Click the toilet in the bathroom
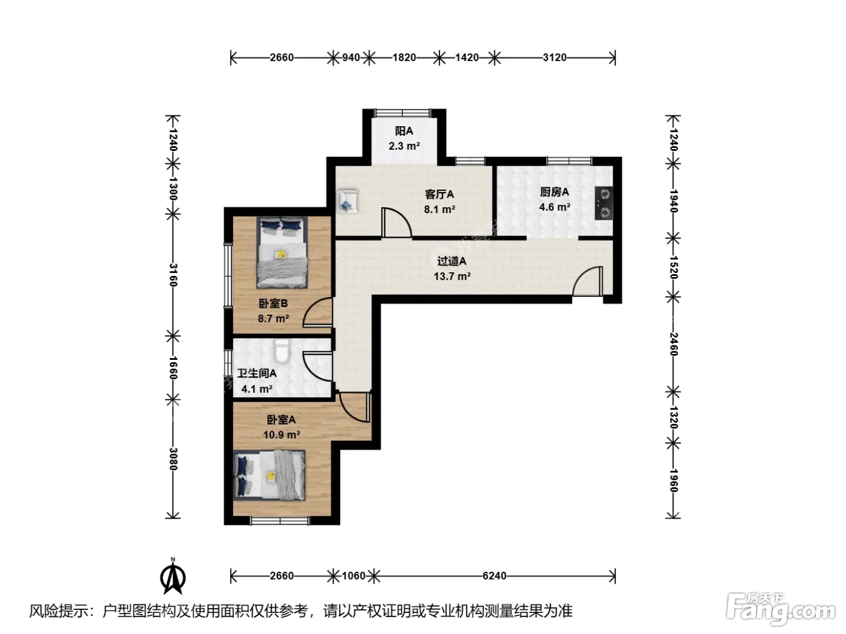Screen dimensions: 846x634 pos(282,351)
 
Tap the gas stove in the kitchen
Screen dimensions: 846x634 pos(604,203)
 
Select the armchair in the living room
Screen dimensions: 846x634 pos(347,201)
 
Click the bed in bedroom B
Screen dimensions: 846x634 pos(282,252)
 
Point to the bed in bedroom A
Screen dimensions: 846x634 pos(270,475)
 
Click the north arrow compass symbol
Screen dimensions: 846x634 pos(173,576)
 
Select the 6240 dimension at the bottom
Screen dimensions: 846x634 pos(494,576)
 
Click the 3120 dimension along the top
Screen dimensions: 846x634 pos(555,58)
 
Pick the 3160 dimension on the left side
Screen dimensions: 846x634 pos(173,275)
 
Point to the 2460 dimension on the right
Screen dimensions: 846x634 pos(673,344)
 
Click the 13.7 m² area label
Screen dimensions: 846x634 pos(452,277)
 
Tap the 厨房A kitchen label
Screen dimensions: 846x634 pos(554,191)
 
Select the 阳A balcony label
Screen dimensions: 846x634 pos(404,131)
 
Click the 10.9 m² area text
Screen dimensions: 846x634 pos(282,435)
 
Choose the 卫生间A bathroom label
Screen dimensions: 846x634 pos(257,373)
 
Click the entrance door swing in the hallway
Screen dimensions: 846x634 pos(587,281)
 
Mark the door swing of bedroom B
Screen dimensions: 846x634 pos(318,312)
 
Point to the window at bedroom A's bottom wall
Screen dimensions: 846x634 pos(280,521)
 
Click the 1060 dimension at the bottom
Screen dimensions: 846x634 pos(354,576)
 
